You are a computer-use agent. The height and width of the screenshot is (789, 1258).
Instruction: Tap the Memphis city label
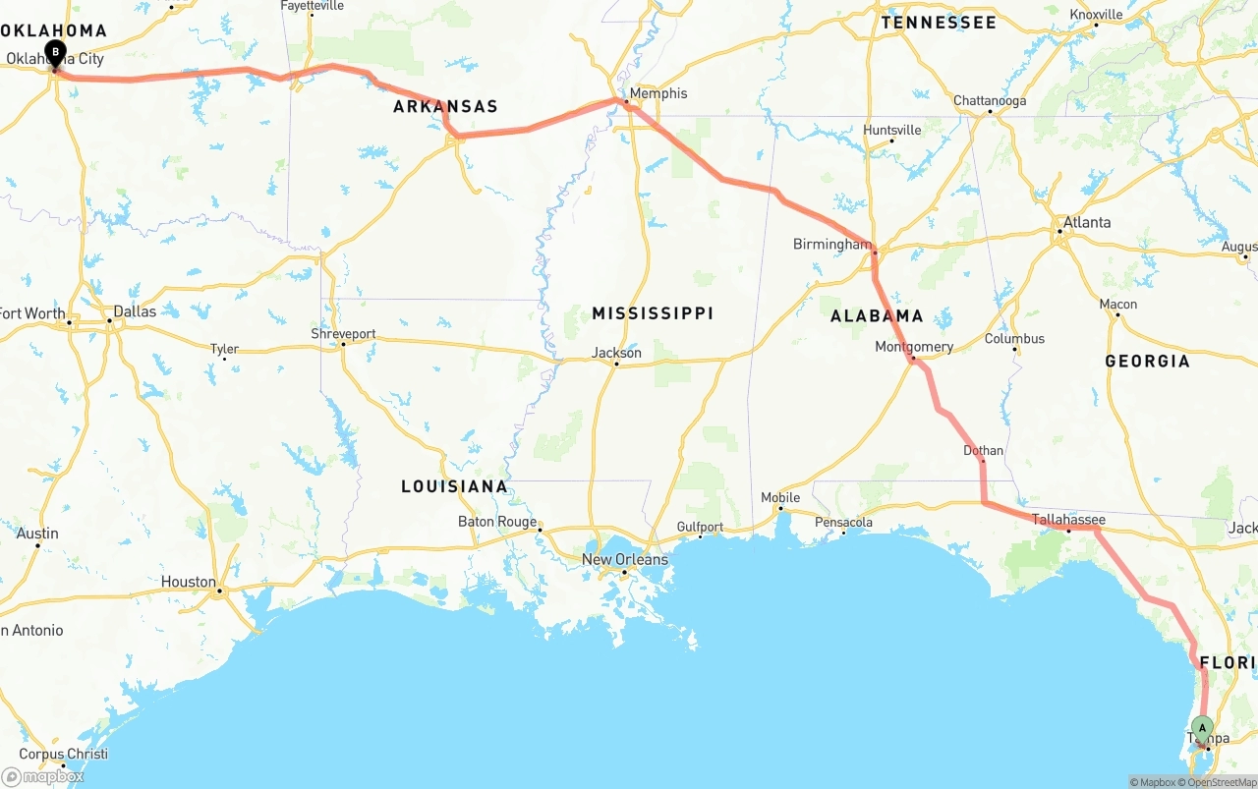pyautogui.click(x=658, y=93)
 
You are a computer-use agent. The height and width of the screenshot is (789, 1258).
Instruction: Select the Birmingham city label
pyautogui.click(x=831, y=244)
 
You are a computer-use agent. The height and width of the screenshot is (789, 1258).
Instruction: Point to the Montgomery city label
pyautogui.click(x=914, y=347)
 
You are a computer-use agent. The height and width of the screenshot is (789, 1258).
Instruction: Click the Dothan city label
pyautogui.click(x=983, y=451)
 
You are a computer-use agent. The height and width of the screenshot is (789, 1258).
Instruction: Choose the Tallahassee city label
pyautogui.click(x=1068, y=520)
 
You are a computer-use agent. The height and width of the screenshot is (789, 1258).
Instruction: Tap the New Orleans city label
pyautogui.click(x=624, y=559)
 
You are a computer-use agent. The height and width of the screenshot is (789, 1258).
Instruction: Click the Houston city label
pyautogui.click(x=188, y=582)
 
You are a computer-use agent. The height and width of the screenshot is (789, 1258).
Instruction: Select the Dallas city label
pyautogui.click(x=135, y=311)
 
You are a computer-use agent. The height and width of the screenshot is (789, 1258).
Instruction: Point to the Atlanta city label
pyautogui.click(x=1087, y=222)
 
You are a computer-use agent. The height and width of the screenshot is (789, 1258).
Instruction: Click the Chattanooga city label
pyautogui.click(x=990, y=101)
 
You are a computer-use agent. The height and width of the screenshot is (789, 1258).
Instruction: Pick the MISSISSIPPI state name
pyautogui.click(x=653, y=313)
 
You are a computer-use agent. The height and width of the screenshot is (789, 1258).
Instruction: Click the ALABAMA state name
pyautogui.click(x=877, y=315)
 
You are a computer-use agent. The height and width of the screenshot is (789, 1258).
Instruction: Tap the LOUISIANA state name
pyautogui.click(x=454, y=486)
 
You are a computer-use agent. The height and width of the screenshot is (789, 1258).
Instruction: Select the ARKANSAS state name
pyautogui.click(x=445, y=106)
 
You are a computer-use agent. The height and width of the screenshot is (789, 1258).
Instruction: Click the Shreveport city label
pyautogui.click(x=343, y=334)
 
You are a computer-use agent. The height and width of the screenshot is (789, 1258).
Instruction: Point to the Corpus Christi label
pyautogui.click(x=64, y=755)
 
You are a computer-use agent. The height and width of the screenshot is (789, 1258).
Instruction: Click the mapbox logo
pyautogui.click(x=43, y=776)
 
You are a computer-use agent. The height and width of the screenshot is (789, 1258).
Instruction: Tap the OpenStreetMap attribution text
pyautogui.click(x=1220, y=782)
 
